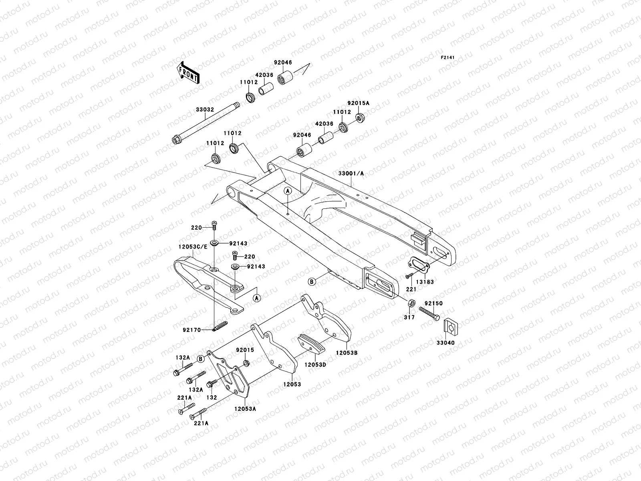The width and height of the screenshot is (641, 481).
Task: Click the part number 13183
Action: coord(425,282)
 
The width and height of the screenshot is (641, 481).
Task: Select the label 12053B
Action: coord(347,352)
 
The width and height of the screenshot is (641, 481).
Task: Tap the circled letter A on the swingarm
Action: coord(288,192)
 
